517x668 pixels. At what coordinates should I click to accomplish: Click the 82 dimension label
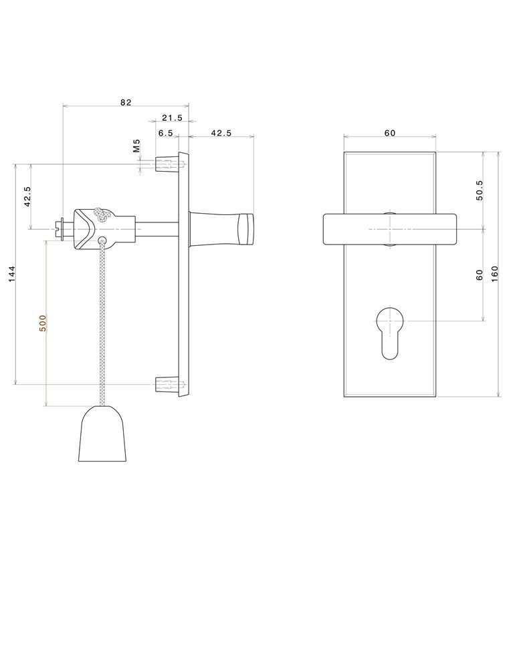point(126,102)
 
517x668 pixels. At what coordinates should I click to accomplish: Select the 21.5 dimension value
point(172,118)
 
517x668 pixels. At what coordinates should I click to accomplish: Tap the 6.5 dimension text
point(165,133)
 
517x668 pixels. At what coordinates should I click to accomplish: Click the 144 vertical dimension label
point(12,275)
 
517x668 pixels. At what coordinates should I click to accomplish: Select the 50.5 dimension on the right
point(480,190)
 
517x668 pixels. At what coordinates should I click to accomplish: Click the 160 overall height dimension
point(494,275)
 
